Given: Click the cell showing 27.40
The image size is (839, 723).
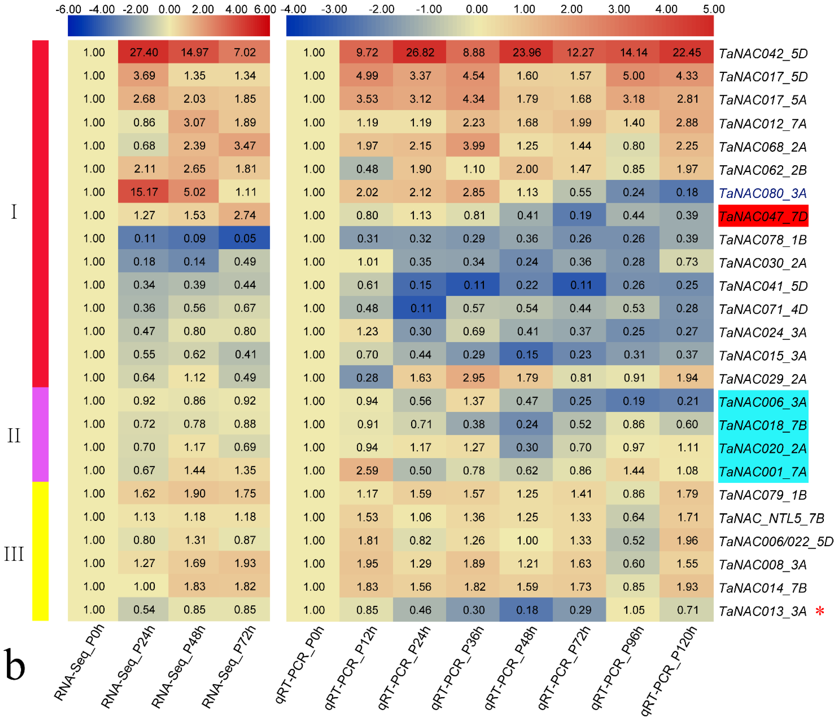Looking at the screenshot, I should [x=144, y=52].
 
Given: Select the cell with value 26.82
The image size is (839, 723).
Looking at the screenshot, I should [x=420, y=52].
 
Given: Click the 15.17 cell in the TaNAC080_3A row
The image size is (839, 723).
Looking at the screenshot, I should [x=144, y=192].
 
